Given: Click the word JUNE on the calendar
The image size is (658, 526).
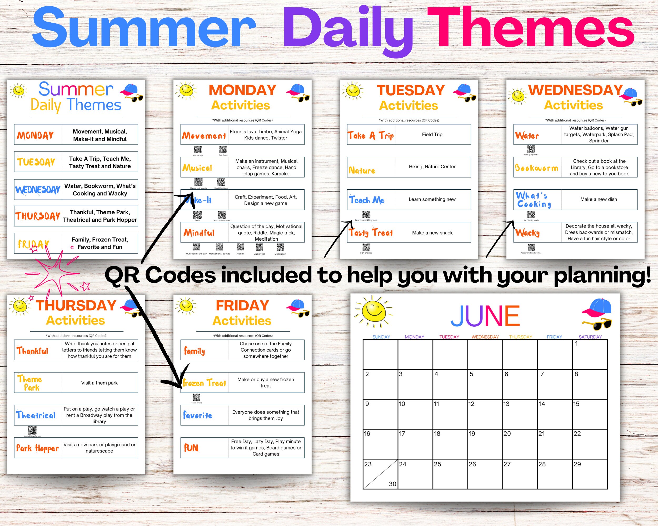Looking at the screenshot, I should coord(485,316).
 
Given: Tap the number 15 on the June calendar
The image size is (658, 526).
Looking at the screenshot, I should coord(576,404).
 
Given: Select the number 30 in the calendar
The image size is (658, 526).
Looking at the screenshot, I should coord(392,484).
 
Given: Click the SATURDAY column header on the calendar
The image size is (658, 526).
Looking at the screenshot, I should coord(590,337).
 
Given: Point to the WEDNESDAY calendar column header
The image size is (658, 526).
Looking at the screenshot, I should coord(485,337).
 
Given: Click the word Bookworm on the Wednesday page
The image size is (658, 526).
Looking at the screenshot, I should coord(536,168).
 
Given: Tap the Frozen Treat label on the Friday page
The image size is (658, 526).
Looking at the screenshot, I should coord(205,383).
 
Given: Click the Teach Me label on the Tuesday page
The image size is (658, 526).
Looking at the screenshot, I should coord(367,200).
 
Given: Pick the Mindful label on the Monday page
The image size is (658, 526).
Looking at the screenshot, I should coord(199,233).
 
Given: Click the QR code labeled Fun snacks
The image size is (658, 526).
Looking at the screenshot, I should coord(366,247).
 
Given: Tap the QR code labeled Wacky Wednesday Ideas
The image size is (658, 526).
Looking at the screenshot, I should coord(531,247).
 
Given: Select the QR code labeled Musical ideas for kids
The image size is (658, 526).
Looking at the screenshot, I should coord(32,430).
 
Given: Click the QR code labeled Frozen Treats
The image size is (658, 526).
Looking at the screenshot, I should coord(196,397).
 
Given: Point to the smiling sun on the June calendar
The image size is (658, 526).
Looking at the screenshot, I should coord(373,311).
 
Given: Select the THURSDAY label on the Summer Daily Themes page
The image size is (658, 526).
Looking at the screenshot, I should coord(38,216).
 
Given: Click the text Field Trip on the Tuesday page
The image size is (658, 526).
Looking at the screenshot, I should coord(432,134).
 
